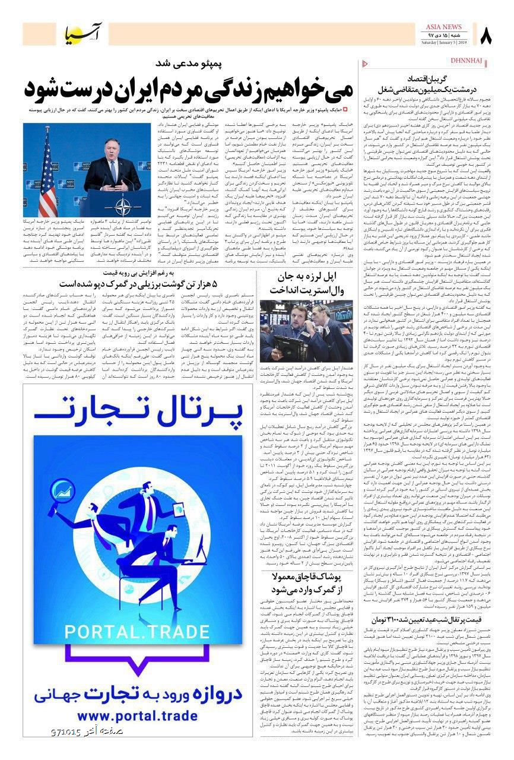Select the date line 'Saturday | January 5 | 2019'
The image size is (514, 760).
444,43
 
